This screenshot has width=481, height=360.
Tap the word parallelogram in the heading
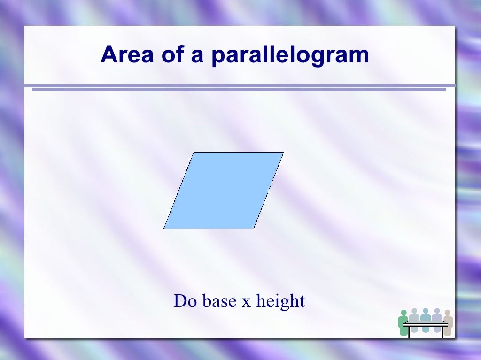point(290,56)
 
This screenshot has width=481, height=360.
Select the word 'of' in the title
point(173,55)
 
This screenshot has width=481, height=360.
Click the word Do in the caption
point(184,301)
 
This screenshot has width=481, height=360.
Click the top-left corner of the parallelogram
point(194,153)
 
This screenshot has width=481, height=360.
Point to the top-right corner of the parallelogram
point(283,153)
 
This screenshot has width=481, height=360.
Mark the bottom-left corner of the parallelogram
point(164,229)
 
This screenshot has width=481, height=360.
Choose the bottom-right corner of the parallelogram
point(254,229)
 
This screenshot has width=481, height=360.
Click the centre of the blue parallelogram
point(224,191)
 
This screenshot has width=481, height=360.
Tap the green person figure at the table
point(403,323)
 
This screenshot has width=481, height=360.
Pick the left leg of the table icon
point(410,331)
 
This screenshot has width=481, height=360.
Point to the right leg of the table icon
point(442,331)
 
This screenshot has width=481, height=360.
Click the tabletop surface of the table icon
point(426,323)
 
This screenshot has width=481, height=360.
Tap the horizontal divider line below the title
point(240,87)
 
